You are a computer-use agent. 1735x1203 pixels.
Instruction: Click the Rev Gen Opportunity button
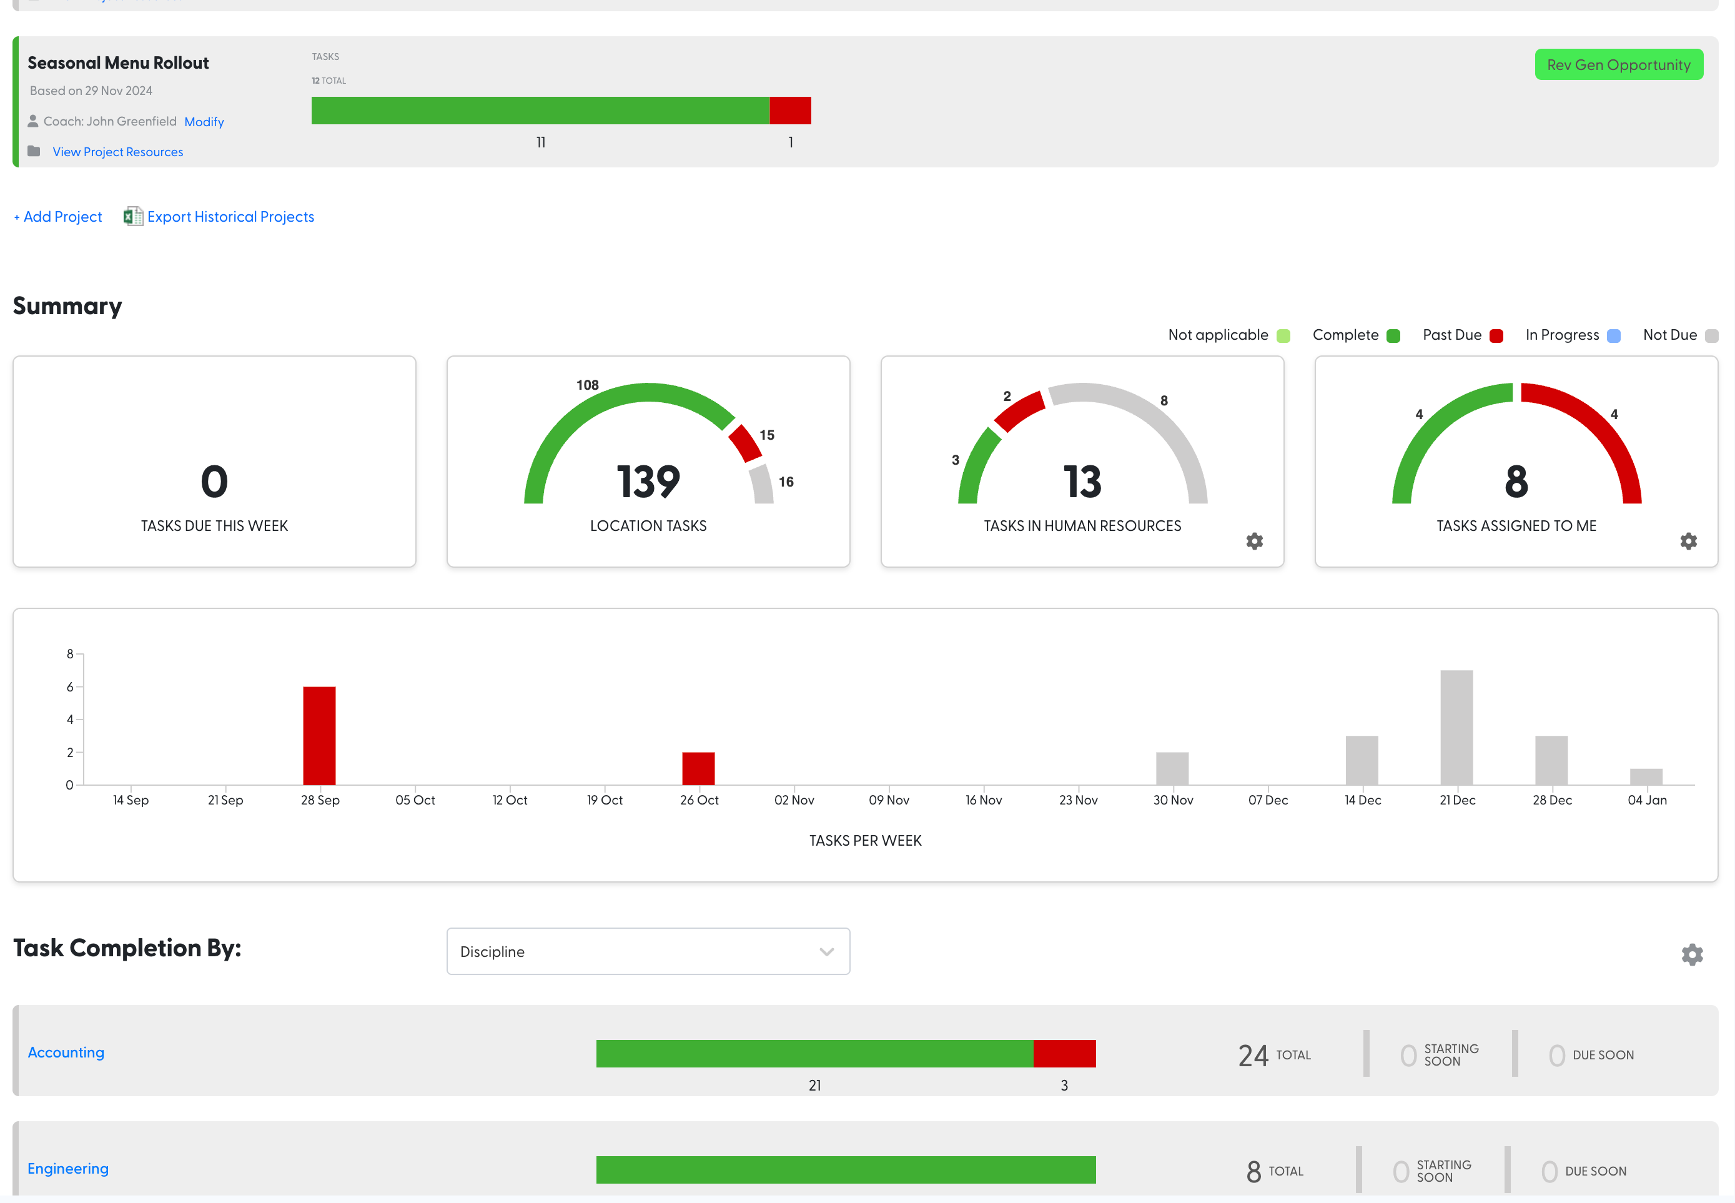(1618, 65)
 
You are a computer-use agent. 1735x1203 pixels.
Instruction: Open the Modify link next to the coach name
(204, 122)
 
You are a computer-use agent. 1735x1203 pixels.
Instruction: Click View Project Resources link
(117, 152)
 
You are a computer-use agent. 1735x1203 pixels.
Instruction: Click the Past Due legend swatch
(1496, 336)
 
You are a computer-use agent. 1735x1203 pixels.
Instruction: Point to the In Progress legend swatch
(1614, 336)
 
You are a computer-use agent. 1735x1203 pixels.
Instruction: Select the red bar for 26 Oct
(699, 768)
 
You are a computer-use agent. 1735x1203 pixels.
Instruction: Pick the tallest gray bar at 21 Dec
(1456, 728)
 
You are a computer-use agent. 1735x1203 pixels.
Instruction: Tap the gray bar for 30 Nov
(1172, 768)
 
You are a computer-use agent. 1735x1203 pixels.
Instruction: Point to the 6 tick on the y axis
(70, 686)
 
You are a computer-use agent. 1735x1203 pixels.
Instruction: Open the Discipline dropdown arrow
(827, 952)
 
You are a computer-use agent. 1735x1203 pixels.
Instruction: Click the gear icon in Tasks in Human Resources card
(1254, 541)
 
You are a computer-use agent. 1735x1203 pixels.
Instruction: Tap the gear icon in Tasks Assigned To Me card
(1688, 541)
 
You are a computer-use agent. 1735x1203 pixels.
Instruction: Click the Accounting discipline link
(66, 1053)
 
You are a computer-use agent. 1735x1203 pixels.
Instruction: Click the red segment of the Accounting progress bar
(1064, 1054)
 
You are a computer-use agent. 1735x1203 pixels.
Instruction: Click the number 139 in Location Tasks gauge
(648, 482)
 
